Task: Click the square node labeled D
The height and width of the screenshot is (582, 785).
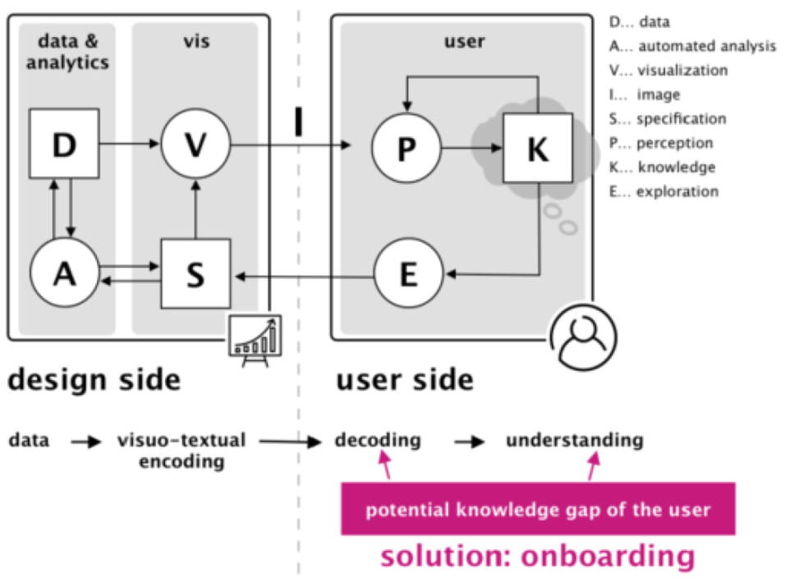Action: pos(64,144)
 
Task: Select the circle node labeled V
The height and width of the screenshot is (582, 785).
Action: pos(195,144)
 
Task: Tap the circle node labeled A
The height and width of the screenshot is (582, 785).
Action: pos(65,273)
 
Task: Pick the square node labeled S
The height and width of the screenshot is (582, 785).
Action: pos(195,273)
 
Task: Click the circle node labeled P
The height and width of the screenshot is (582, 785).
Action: pos(406,148)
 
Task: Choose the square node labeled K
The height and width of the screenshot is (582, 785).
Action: pos(538,148)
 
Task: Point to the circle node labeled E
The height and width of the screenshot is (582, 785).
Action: pos(409,273)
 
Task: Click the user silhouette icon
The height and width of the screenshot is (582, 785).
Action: pos(583,337)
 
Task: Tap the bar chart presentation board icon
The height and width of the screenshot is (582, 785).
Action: pos(255,339)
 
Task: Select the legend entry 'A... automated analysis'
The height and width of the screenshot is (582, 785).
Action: pos(692,46)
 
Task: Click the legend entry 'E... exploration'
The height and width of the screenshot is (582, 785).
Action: pos(663,191)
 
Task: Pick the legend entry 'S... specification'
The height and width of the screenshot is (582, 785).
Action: pos(668,118)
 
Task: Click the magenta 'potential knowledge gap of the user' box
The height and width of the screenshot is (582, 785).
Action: pos(538,508)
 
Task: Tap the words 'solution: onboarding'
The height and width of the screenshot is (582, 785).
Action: pos(538,556)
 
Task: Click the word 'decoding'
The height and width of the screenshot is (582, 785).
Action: pos(378,440)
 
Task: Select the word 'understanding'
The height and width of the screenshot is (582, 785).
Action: pos(575,440)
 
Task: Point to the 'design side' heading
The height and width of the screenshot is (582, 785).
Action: pos(94,379)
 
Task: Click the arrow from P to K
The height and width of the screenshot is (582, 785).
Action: pos(471,148)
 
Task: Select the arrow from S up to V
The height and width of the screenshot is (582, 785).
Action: pos(195,209)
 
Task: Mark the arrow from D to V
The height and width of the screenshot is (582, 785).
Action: pos(130,144)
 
